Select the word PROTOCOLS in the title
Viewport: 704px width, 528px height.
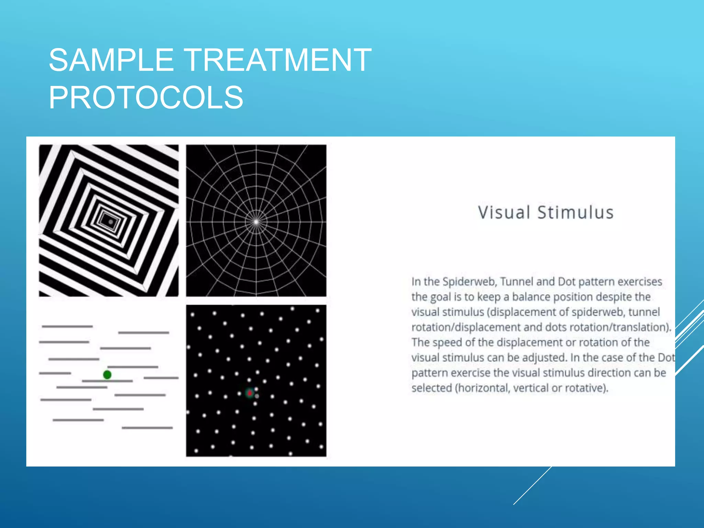[146, 98]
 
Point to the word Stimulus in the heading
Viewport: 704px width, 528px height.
[575, 212]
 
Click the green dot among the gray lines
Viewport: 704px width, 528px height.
[107, 375]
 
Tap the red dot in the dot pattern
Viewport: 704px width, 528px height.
[250, 393]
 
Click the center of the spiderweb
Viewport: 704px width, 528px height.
[256, 222]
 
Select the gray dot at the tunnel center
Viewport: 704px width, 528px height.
[110, 222]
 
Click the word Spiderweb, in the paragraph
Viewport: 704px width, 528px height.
[470, 282]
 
